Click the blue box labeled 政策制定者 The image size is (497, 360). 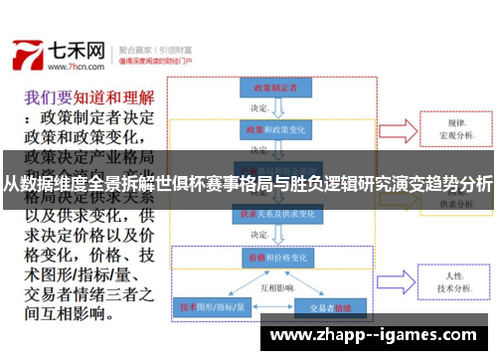268,88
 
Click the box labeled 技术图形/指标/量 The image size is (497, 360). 212,307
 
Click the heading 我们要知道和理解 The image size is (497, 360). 89,98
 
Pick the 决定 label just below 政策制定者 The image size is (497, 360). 259,108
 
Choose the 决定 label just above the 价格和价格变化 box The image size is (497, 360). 259,235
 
